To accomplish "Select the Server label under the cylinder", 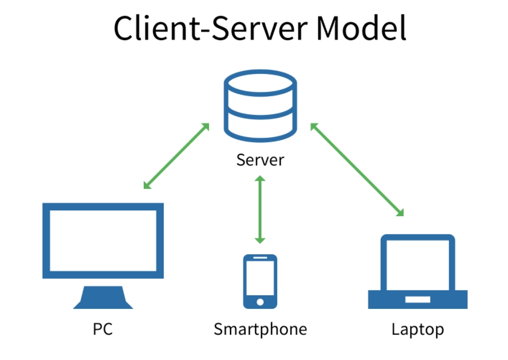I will pos(260,160).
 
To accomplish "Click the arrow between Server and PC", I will pos(176,156).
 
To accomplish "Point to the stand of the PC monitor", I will pos(103,297).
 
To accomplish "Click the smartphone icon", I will pos(260,282).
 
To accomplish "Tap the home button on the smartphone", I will pos(260,301).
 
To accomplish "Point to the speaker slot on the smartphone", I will pos(260,260).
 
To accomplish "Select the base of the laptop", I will pos(418,299).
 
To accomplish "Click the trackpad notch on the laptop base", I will pos(418,298).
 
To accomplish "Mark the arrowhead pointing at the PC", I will pos(148,185).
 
